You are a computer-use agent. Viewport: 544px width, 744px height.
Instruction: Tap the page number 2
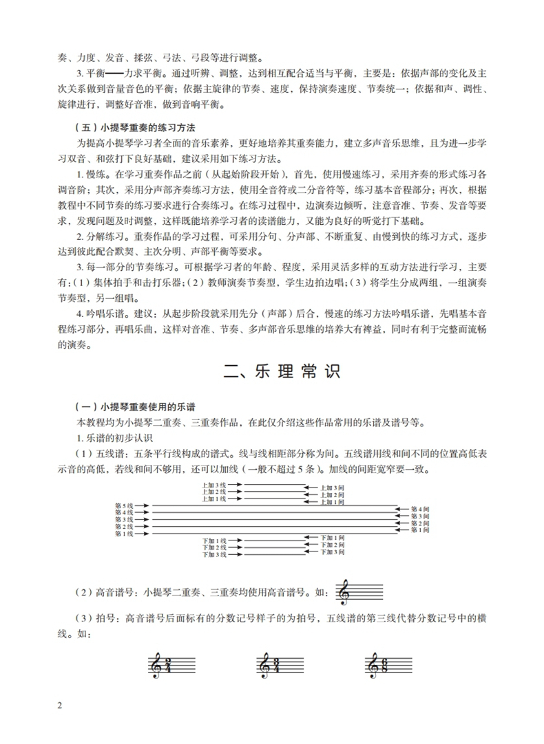tap(60, 706)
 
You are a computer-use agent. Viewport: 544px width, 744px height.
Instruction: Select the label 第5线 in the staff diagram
tap(124, 505)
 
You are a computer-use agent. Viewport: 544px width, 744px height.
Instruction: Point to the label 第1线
tap(124, 534)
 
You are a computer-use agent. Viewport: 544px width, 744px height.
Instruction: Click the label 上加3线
tap(213, 485)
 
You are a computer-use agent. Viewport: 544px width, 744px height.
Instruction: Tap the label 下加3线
tap(213, 554)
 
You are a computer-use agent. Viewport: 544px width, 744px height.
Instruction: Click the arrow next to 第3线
tap(144, 520)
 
